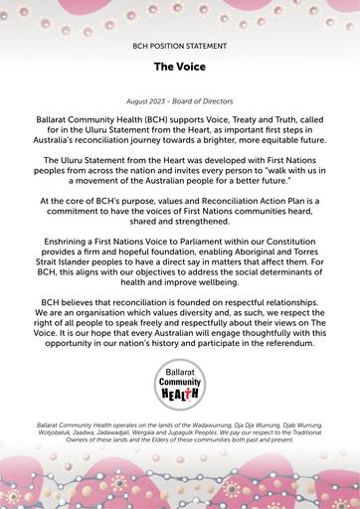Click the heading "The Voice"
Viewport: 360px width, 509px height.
(x=180, y=68)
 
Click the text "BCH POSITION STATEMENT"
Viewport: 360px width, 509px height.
(x=180, y=47)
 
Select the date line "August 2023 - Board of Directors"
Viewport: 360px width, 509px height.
(x=180, y=102)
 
